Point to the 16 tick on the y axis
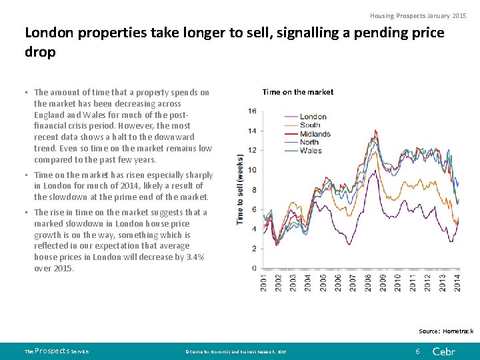pyautogui.click(x=252, y=111)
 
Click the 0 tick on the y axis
pyautogui.click(x=254, y=268)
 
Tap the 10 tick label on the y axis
pyautogui.click(x=252, y=170)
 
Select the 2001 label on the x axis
pyautogui.click(x=265, y=283)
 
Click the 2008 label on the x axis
pyautogui.click(x=369, y=283)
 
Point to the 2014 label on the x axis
pyautogui.click(x=457, y=283)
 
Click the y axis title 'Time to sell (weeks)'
pyautogui.click(x=240, y=190)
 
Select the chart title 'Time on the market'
pyautogui.click(x=298, y=92)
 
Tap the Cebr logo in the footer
pyautogui.click(x=444, y=351)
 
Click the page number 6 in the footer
pyautogui.click(x=417, y=351)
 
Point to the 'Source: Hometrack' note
pyautogui.click(x=446, y=331)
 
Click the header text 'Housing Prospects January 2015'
pyautogui.click(x=419, y=15)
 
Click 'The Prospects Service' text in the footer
pyautogui.click(x=57, y=351)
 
